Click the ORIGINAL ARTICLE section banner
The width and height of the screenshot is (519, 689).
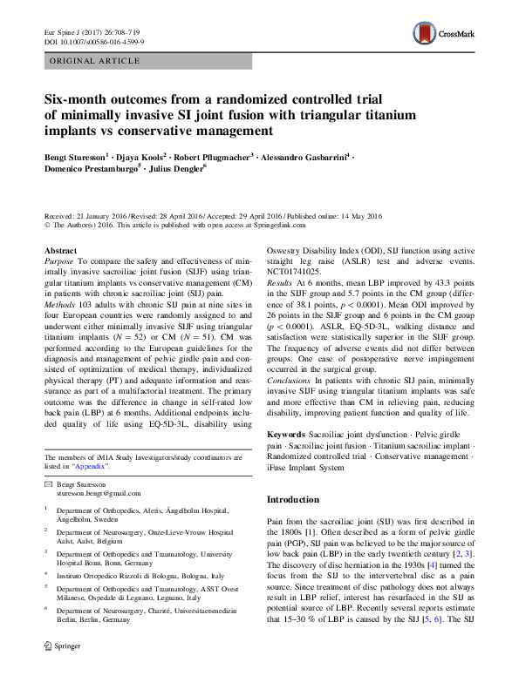95,62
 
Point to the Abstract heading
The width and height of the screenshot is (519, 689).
60,250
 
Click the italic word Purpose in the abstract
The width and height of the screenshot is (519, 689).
59,261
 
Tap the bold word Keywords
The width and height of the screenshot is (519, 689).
285,433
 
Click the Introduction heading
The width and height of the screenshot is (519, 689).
292,500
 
